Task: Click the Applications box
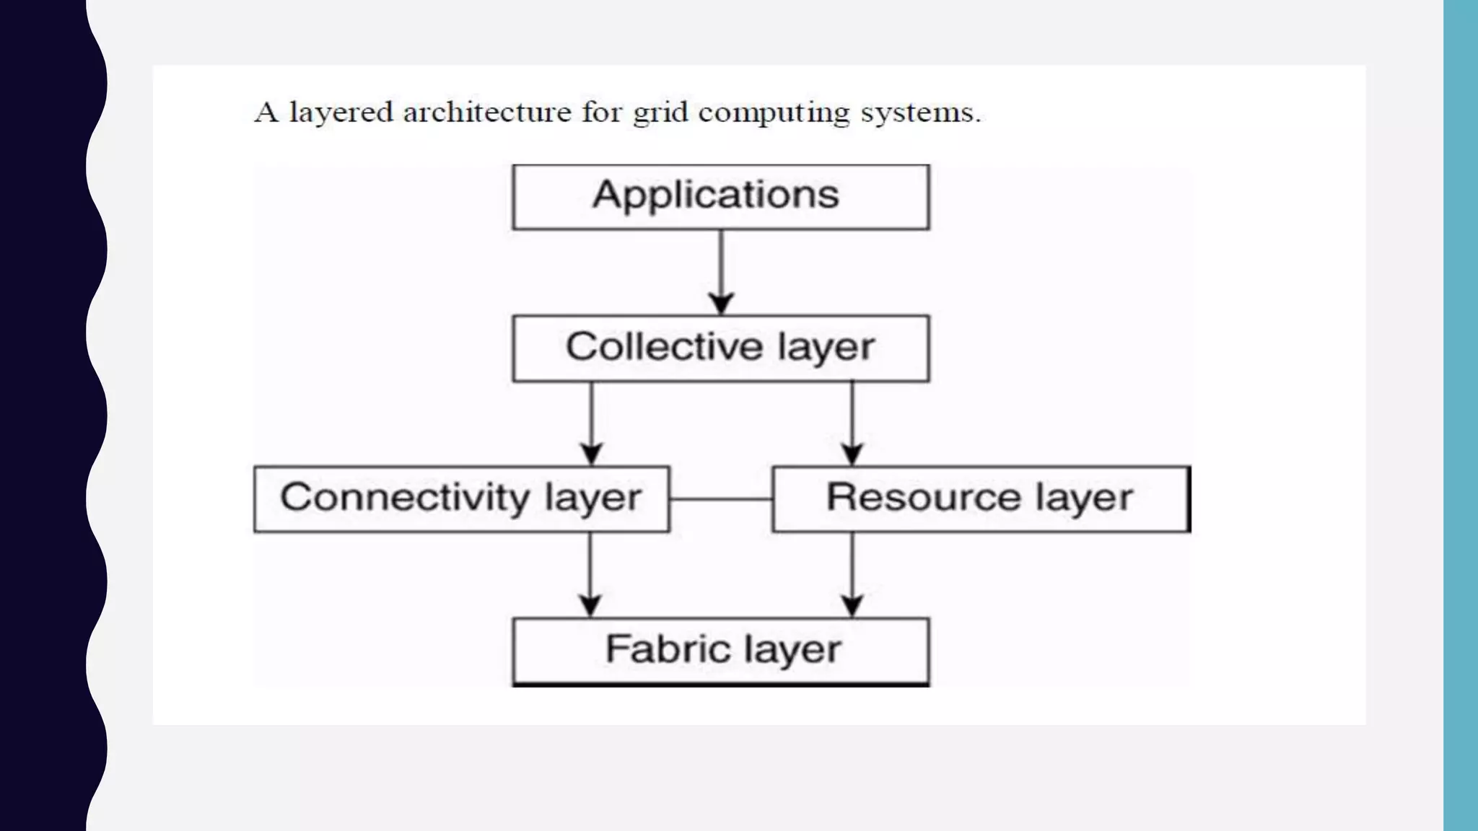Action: (x=720, y=197)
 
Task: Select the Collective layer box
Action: (x=720, y=348)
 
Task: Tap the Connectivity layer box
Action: (x=461, y=499)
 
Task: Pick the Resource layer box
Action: (x=981, y=499)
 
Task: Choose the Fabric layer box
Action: (x=720, y=651)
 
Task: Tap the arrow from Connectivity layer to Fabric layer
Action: (x=590, y=574)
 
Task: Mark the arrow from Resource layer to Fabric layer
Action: (x=852, y=574)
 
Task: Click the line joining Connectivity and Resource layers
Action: (x=721, y=498)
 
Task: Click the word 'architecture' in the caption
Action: (x=487, y=113)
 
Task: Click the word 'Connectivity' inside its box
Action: (x=405, y=498)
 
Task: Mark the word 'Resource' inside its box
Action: (x=923, y=497)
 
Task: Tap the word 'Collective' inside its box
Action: (x=663, y=346)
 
